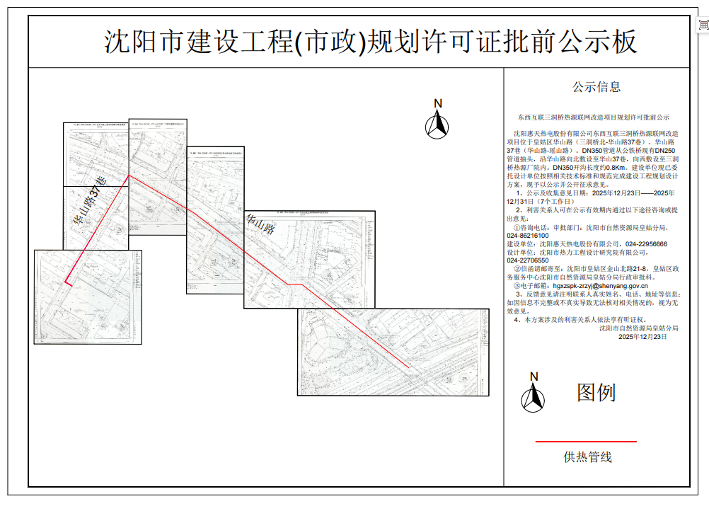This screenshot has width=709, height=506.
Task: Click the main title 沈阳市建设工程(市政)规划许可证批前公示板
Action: tap(371, 42)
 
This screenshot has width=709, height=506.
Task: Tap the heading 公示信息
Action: tap(596, 87)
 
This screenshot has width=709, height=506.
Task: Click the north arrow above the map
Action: tap(437, 122)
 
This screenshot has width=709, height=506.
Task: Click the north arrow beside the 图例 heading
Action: tap(533, 394)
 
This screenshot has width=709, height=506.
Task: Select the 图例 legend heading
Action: tap(596, 393)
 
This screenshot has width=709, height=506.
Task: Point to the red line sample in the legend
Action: tap(585, 442)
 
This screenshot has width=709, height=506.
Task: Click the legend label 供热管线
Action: tap(587, 457)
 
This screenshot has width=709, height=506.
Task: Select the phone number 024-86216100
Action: tap(527, 236)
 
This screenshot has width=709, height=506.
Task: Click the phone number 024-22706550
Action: tap(527, 260)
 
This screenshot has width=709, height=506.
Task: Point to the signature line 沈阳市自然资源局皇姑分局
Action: tap(638, 328)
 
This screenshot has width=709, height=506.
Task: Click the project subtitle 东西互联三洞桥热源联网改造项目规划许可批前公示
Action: tap(593, 117)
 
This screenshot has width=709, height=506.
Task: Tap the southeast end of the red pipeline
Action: tap(408, 367)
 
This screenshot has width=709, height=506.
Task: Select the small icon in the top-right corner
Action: tap(703, 25)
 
